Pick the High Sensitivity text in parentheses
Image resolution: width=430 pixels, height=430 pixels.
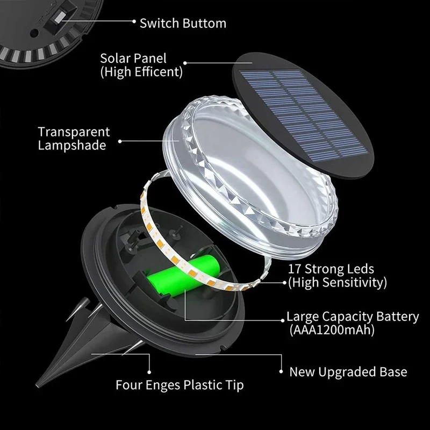(337, 282)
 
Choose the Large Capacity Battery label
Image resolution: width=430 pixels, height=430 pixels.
(352, 317)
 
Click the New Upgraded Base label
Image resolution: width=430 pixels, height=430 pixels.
(348, 372)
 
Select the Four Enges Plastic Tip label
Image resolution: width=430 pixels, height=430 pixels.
(180, 385)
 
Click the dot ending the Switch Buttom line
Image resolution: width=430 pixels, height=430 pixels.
(134, 21)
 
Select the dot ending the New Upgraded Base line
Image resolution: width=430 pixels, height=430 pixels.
(281, 370)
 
